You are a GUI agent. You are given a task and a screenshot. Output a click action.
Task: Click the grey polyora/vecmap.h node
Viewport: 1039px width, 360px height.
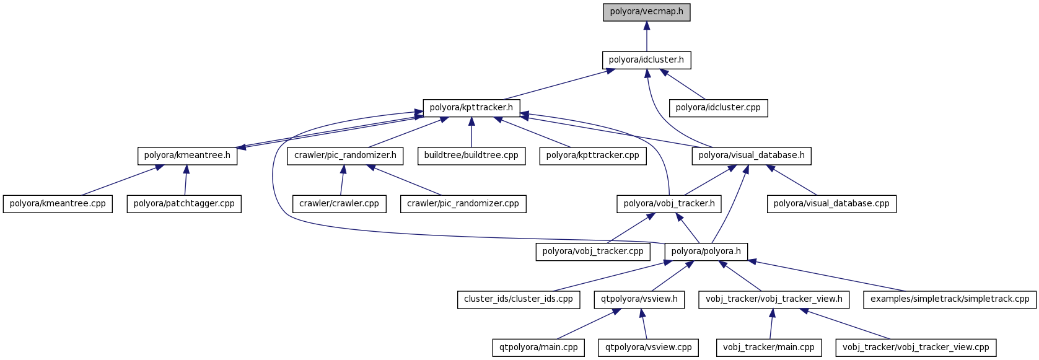coord(646,12)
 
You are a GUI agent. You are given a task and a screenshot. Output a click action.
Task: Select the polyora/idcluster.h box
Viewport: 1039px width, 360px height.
coord(646,60)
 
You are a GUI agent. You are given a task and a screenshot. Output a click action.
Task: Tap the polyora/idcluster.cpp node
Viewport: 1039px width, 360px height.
coord(718,108)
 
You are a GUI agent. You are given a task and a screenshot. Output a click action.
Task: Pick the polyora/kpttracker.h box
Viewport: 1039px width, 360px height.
coord(471,108)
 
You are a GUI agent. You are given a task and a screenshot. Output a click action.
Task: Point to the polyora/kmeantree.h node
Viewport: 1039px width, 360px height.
coord(187,156)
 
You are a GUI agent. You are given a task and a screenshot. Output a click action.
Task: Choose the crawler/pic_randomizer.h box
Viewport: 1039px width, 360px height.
coord(345,156)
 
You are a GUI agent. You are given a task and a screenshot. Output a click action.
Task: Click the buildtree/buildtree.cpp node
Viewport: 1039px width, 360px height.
coord(471,156)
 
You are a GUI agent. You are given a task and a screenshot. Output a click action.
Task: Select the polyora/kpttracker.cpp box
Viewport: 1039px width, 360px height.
coord(592,156)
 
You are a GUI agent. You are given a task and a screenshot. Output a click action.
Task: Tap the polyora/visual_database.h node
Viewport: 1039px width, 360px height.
coord(751,156)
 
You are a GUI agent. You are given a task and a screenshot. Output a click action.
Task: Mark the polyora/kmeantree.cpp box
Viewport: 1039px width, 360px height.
coord(58,204)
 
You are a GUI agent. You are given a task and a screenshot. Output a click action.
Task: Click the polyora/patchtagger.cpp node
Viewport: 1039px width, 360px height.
coord(184,204)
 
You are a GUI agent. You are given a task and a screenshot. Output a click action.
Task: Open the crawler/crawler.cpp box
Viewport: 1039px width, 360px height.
coord(339,204)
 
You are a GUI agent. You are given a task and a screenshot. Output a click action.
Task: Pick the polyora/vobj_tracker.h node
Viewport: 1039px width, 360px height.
coord(669,204)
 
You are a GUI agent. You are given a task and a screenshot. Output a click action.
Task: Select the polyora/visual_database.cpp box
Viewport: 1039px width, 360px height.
coord(831,204)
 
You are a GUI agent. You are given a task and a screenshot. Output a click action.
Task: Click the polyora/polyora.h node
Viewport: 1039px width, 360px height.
coord(706,252)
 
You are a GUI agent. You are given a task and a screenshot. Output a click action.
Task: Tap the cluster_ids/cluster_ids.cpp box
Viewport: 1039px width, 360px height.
coord(518,299)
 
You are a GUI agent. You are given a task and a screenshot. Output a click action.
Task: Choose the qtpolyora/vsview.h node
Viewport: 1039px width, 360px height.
coord(639,299)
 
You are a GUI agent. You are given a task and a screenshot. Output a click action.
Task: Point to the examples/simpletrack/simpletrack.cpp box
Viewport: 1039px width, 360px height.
coord(949,299)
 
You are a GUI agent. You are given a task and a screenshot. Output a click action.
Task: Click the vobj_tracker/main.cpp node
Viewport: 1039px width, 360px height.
coord(768,348)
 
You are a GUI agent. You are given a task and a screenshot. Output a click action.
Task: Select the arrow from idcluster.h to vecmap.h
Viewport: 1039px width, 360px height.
coord(646,37)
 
